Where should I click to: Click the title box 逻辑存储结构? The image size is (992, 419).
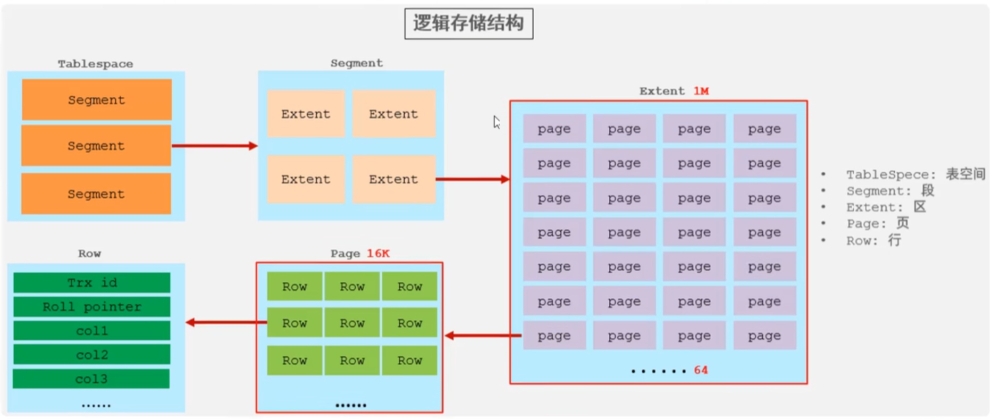(468, 23)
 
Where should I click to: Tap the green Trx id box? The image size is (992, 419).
(91, 283)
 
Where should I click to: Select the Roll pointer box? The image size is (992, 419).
(91, 307)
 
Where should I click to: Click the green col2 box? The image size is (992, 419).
(91, 355)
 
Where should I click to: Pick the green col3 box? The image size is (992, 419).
(91, 379)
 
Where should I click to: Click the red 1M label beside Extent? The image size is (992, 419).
(701, 91)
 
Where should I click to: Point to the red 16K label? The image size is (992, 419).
(378, 254)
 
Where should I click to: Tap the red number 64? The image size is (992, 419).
(701, 370)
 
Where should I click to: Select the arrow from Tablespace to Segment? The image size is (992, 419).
(214, 146)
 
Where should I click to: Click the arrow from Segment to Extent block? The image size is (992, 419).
(472, 179)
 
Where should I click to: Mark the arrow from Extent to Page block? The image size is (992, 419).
(483, 336)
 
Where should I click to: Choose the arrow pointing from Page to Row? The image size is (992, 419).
(226, 322)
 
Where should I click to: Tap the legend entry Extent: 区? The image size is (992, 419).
(886, 207)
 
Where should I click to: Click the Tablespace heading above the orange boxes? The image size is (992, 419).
(96, 64)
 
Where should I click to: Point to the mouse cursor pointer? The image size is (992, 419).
(496, 122)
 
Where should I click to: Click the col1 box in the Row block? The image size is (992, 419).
(91, 331)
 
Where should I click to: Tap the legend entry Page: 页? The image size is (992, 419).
(878, 224)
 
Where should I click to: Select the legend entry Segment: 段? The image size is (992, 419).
(890, 191)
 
